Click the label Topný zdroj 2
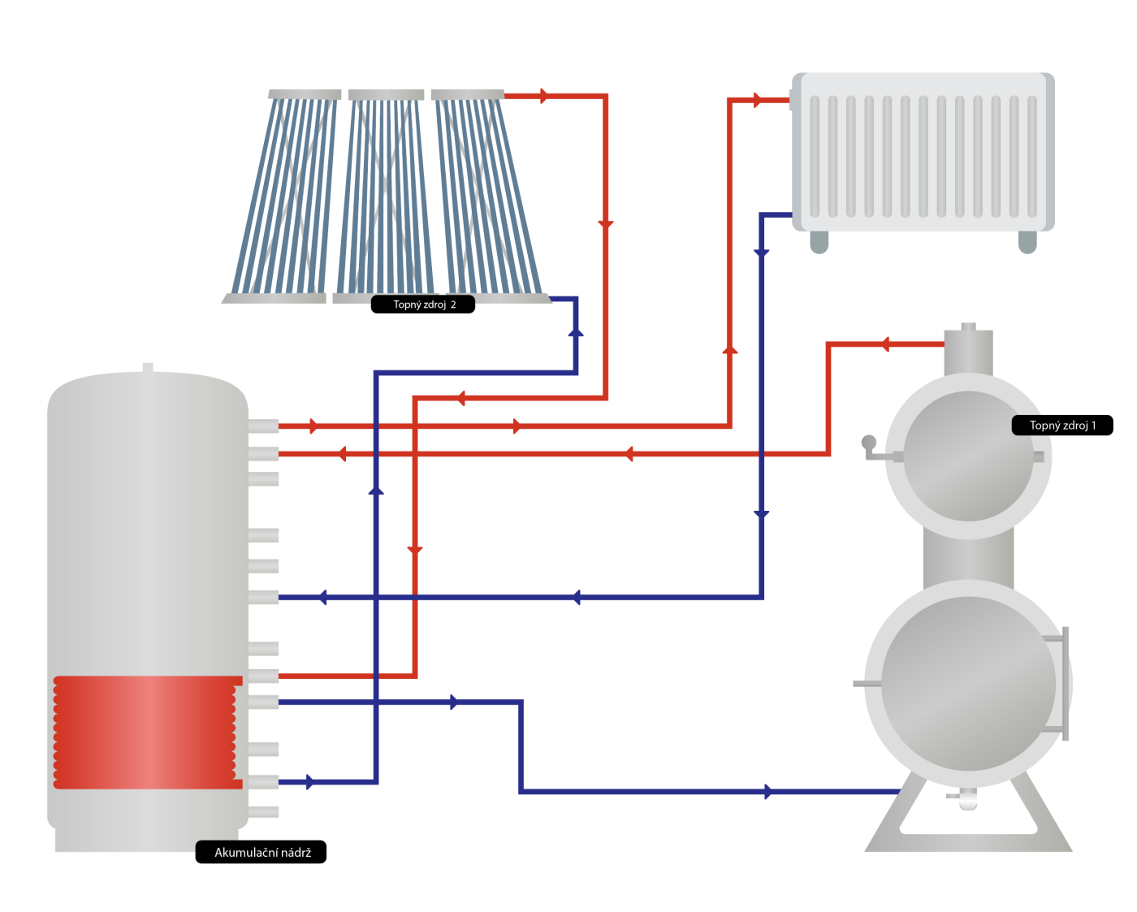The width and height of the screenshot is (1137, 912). (423, 305)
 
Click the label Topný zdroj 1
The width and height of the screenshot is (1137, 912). (1061, 426)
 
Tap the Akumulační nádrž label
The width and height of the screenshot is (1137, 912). (262, 852)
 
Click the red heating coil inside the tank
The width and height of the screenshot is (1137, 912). (146, 732)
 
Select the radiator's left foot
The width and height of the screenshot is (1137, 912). (819, 242)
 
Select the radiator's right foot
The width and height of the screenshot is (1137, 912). (1027, 242)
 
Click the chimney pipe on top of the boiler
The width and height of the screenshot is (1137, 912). (968, 351)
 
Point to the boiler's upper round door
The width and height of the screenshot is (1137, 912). (968, 456)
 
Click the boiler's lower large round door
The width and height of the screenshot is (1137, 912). (968, 684)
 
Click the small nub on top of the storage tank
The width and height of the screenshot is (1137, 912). (148, 368)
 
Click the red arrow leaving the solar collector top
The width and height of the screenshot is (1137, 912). (544, 96)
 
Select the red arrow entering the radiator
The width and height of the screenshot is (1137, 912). (758, 100)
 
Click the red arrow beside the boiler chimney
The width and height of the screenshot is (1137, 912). (884, 344)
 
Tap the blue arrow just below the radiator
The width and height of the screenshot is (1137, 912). (761, 253)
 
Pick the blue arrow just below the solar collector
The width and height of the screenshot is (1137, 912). (576, 331)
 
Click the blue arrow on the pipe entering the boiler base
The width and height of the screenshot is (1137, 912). (768, 791)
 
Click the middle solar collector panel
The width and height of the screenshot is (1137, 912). (387, 195)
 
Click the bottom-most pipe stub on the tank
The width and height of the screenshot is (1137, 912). (263, 812)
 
